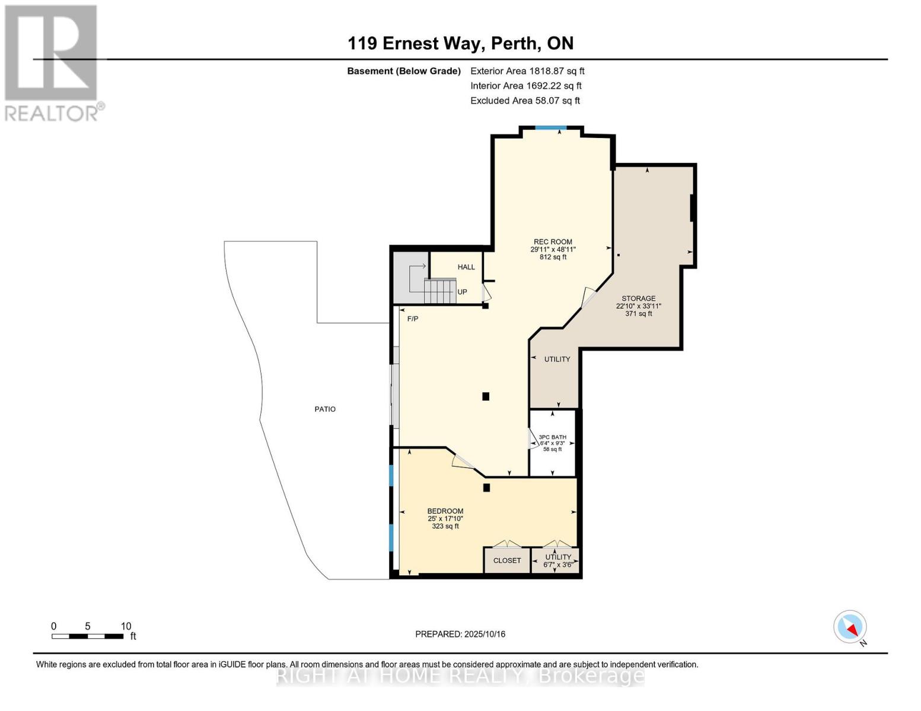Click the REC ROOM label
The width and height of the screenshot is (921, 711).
point(553,242)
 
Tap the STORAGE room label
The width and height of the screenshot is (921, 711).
point(638,299)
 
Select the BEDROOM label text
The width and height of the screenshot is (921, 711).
point(445,511)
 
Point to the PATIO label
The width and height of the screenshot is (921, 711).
point(325,409)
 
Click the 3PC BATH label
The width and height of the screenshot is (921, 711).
point(552,437)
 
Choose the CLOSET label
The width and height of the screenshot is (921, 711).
point(507,561)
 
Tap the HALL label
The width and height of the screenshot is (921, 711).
point(466,267)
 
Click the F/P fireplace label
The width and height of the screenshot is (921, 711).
point(413,318)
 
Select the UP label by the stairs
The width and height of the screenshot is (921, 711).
point(462,292)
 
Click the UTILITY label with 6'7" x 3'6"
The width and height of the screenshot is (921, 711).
point(558,557)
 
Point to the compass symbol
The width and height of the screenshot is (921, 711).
point(850,627)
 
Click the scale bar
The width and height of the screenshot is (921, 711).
point(88,636)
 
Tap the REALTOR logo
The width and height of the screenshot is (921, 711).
point(53,63)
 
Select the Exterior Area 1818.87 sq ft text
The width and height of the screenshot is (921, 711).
point(527,71)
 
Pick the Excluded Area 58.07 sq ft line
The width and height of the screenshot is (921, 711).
point(525,101)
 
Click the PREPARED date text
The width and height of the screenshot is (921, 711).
point(460,634)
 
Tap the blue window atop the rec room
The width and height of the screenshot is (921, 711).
point(550,127)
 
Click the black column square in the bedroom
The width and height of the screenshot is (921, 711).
point(486,488)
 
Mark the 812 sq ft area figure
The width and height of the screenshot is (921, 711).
point(553,257)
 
